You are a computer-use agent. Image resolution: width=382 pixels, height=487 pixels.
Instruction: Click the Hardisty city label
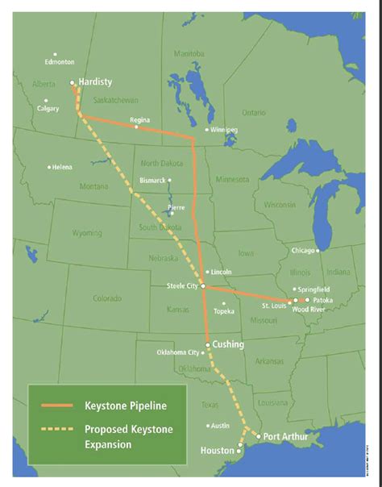pos(95,81)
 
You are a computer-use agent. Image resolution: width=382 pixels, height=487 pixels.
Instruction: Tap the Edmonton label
pos(60,61)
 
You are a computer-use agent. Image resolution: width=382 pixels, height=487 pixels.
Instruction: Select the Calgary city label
pos(48,108)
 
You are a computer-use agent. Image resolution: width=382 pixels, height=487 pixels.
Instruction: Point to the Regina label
pos(140,119)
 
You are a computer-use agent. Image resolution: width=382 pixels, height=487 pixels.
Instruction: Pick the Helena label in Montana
pos(62,167)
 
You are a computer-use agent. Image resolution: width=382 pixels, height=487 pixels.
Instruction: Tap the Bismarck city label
pos(152,180)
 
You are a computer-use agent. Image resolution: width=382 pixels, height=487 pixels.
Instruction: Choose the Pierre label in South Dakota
pos(176,207)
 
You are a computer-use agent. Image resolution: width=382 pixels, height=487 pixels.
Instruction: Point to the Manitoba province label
pos(189,54)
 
